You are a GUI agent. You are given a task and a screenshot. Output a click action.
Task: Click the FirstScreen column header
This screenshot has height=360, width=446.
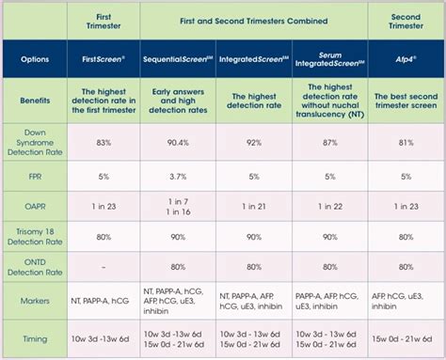104,59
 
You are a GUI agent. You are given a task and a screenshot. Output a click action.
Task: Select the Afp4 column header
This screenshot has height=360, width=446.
406,59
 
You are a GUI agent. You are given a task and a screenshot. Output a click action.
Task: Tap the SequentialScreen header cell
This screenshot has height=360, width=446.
178,59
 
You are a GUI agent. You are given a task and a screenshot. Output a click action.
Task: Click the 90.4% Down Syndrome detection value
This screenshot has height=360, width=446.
178,143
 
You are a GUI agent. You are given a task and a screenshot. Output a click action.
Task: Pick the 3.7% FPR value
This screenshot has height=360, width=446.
178,177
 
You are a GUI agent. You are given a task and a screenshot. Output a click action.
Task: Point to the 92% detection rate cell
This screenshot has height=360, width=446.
254,143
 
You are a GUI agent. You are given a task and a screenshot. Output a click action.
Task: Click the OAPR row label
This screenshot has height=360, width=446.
35,207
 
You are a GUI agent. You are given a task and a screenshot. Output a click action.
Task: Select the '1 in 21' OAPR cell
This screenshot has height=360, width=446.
254,207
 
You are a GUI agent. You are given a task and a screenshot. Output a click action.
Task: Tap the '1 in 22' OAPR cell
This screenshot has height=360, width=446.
330,207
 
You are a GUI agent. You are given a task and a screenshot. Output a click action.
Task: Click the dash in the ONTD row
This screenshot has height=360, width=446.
104,268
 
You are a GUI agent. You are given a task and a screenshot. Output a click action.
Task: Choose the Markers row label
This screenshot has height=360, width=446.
35,301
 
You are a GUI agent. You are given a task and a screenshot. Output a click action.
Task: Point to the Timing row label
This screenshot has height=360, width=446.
35,339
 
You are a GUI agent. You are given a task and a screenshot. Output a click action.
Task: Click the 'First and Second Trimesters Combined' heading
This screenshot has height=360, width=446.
254,21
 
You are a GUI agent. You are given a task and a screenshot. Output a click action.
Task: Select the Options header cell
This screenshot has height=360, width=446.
35,59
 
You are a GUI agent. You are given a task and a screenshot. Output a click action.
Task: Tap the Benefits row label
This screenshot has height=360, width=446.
35,101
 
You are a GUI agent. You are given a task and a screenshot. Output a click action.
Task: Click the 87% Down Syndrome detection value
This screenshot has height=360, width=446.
330,143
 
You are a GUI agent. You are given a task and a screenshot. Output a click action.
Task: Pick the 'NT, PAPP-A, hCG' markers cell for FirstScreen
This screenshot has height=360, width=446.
100,301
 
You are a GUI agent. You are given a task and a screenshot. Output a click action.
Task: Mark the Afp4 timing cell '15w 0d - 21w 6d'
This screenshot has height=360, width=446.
402,339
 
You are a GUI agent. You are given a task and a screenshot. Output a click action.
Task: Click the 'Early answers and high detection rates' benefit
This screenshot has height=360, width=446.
178,101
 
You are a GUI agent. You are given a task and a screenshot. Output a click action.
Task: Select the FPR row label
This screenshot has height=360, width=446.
35,177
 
